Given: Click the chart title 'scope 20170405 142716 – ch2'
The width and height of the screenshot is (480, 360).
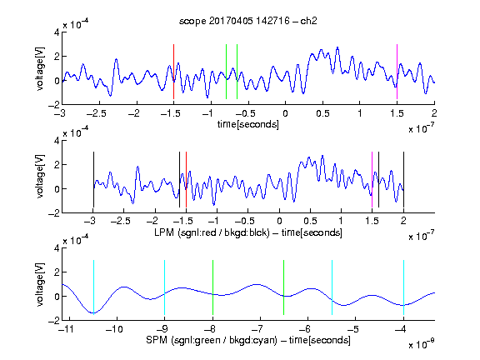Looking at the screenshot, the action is [x=248, y=21].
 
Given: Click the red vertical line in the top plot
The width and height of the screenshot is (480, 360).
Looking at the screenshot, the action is [x=173, y=72].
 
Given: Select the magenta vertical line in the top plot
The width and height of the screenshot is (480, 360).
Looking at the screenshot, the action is [x=397, y=72].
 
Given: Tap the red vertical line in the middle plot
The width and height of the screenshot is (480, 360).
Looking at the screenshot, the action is [x=186, y=180].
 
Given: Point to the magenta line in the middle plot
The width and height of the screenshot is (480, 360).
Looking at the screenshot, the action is [x=372, y=180].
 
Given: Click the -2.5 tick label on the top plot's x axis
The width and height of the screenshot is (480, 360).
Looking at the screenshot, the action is [x=96, y=113].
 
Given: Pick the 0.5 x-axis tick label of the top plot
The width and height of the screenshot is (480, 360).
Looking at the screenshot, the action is [x=322, y=113].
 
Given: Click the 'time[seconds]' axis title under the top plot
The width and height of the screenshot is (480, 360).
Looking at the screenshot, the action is [x=248, y=124].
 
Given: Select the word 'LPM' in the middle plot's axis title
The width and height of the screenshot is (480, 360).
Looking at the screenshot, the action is [x=164, y=232].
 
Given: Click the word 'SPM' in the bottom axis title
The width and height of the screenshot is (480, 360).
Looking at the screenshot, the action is [x=157, y=340].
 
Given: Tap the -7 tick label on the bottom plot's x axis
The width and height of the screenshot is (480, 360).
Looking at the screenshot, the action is [x=258, y=329].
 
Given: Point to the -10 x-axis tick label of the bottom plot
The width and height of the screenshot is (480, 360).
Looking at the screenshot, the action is [x=114, y=329].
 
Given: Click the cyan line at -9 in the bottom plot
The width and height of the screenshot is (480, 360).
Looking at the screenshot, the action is [x=165, y=287].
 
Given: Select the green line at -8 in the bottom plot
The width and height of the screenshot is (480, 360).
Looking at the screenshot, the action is [x=212, y=287].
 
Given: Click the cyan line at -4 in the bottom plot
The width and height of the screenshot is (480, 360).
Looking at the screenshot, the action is [x=404, y=287].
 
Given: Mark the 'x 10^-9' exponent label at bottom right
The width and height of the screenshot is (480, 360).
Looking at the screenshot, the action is [x=421, y=344].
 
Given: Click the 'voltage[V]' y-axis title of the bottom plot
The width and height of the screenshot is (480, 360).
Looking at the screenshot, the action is [x=40, y=284].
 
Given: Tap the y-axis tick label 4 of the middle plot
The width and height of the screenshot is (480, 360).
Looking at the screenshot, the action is [x=57, y=141].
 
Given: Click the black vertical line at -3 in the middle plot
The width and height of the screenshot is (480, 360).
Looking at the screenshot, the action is [x=93, y=180].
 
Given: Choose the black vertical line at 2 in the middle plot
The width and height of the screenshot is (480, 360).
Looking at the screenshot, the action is [x=404, y=180].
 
